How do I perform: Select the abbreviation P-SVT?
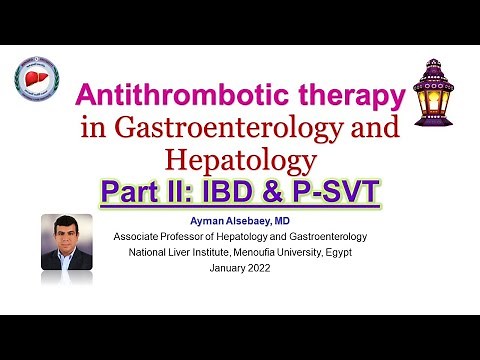[337, 189]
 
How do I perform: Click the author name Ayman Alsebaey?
[241, 218]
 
